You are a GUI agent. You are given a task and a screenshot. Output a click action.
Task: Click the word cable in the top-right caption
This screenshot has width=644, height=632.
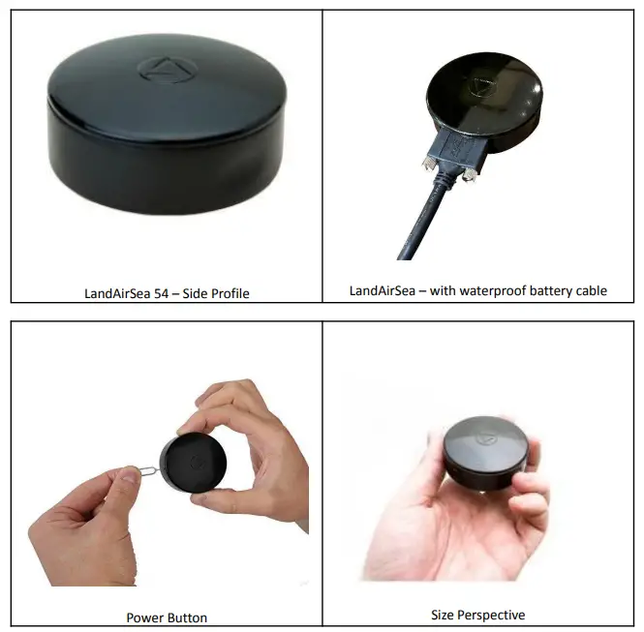tap(589, 290)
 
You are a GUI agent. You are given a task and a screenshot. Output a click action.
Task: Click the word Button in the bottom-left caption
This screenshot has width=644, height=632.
tap(187, 617)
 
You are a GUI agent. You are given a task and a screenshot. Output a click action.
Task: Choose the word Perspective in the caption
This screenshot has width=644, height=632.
tap(493, 615)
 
